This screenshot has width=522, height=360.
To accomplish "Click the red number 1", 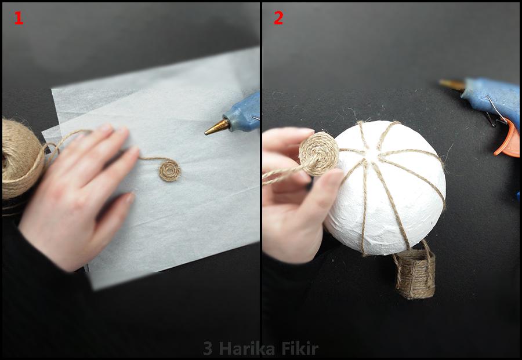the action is tap(19, 18).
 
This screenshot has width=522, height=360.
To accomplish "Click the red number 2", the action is tap(278, 18).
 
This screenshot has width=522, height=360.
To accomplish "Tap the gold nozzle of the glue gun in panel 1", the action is tap(217, 127).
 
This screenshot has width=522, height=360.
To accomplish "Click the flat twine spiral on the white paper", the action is tap(169, 170).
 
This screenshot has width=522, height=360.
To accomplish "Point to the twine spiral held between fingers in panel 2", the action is tap(318, 154).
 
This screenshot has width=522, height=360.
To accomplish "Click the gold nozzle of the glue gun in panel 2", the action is tap(451, 84).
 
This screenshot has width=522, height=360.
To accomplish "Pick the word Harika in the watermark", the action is tap(246, 348).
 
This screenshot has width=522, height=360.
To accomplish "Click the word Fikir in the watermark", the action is tap(300, 348).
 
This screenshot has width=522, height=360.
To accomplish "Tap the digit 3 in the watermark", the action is tap(208, 348).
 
